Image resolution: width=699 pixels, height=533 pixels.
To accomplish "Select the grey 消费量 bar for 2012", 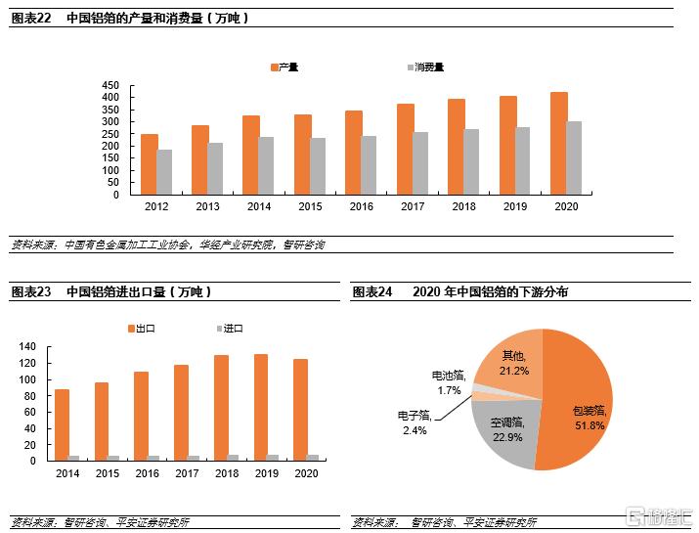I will click(164, 172).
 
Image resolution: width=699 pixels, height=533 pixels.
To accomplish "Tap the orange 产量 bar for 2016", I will click(354, 153).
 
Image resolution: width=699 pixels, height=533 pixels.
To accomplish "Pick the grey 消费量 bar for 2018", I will click(471, 161).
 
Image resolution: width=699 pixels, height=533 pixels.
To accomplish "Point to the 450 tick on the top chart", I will click(110, 86).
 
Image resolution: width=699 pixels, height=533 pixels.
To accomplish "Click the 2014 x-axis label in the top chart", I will click(259, 206).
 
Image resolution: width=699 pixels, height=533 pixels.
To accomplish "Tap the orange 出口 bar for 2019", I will click(261, 407).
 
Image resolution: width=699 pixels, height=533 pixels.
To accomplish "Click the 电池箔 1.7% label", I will click(450, 381).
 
